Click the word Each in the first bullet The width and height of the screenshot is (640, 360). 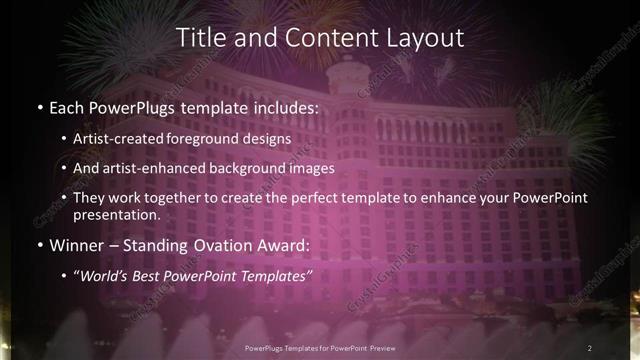[x=66, y=105]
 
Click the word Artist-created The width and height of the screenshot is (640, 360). [x=128, y=138]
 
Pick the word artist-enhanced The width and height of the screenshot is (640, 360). [x=161, y=168]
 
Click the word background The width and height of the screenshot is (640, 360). [x=254, y=168]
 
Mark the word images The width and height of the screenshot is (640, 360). [x=314, y=168]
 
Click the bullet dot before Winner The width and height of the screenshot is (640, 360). [x=39, y=245]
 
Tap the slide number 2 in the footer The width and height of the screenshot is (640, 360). [x=591, y=347]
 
